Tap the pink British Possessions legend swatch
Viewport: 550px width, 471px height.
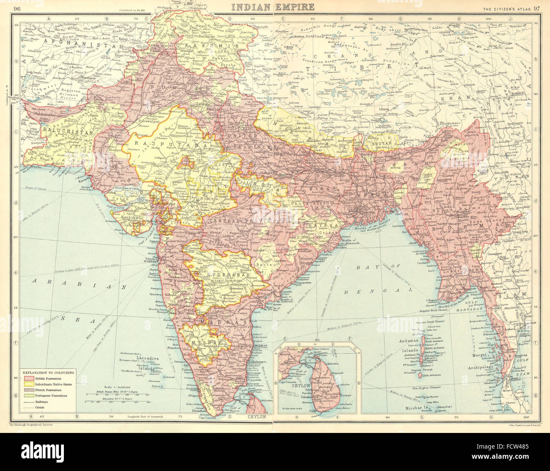(x=29, y=378)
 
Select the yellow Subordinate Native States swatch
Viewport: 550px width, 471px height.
(x=29, y=384)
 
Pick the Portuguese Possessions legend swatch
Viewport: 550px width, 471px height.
(x=29, y=395)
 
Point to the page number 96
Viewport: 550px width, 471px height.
(x=17, y=7)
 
